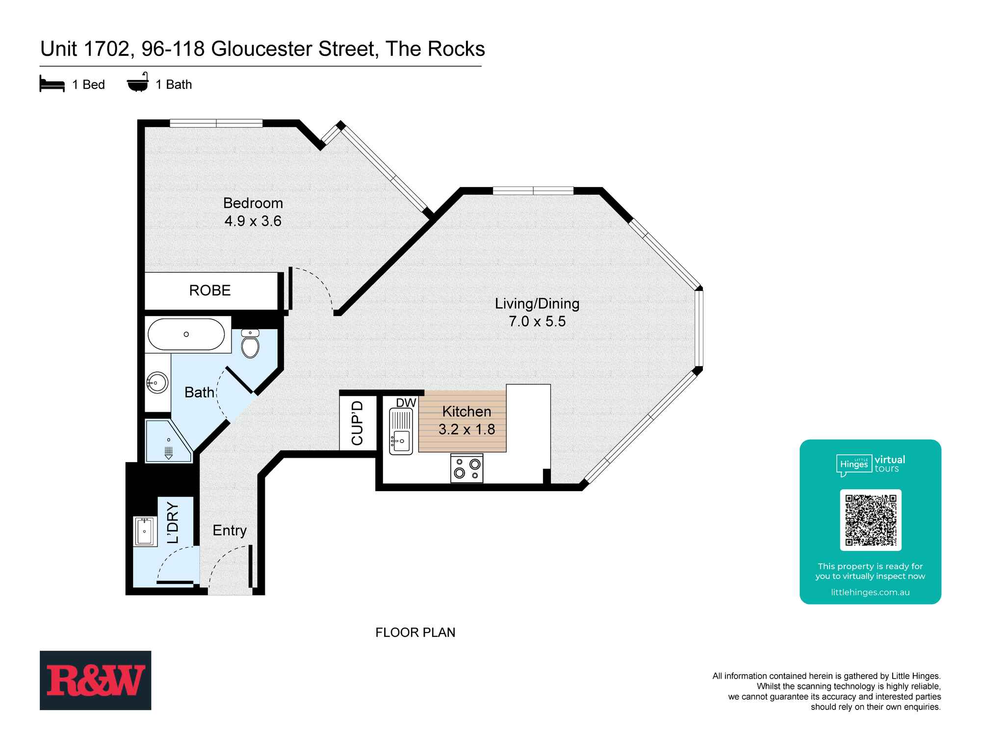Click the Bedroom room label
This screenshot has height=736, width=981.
(x=253, y=203)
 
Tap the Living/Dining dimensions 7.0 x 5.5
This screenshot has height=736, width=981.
(x=537, y=321)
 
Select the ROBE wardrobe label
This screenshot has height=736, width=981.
(x=210, y=290)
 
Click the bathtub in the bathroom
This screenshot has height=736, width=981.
(x=186, y=335)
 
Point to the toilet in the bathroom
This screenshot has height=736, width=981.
(x=251, y=344)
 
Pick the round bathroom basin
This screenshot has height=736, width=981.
(x=157, y=382)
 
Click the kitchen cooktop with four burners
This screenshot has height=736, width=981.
(x=467, y=468)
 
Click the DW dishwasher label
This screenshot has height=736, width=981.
(x=406, y=403)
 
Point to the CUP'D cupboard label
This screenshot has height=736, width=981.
(x=358, y=423)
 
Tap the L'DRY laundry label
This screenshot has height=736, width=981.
(x=173, y=523)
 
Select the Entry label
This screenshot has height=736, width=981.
(x=230, y=530)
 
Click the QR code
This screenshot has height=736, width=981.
(x=871, y=520)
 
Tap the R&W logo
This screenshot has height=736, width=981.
(x=96, y=680)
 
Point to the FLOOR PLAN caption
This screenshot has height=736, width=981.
(x=415, y=632)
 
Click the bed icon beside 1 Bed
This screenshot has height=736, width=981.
(x=52, y=84)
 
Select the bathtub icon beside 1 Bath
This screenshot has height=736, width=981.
(x=138, y=84)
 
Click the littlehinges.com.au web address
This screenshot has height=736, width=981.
(x=870, y=592)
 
